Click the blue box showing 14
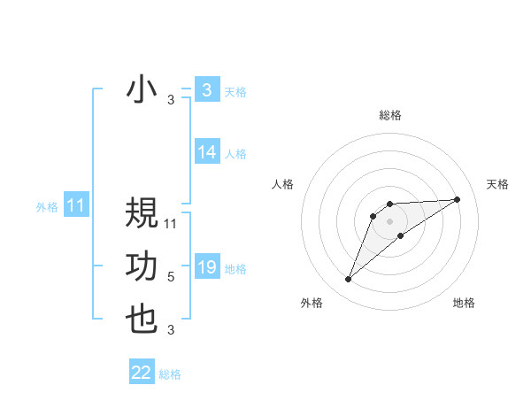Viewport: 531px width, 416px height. point(207,152)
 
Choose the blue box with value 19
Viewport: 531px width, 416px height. point(207,267)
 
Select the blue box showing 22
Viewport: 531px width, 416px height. point(142,373)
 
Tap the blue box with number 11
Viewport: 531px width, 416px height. point(75,206)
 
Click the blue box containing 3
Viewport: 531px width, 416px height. point(207,89)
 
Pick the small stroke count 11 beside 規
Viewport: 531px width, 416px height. point(172,224)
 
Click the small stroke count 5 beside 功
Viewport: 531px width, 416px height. point(171,277)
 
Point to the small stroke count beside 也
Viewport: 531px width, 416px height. point(171,331)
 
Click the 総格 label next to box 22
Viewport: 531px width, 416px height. point(170,374)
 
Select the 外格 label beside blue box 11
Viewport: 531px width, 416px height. point(47,207)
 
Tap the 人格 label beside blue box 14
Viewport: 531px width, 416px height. point(235,154)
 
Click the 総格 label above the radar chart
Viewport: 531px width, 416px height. point(389,115)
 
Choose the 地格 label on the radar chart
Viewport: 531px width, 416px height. point(464,303)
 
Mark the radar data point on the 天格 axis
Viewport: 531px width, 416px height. point(457,199)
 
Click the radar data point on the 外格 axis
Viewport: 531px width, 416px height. point(348,280)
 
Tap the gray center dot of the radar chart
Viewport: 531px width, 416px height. point(389,220)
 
